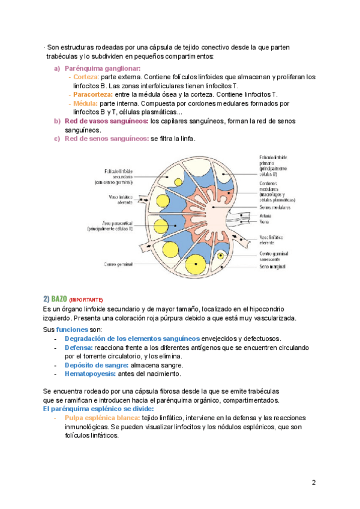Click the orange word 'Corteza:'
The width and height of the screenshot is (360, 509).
pos(85,77)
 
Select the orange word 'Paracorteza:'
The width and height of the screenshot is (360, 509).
pos(92,95)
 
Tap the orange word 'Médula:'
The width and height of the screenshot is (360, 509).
pos(85,103)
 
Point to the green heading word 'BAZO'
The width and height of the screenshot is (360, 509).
pos(59,298)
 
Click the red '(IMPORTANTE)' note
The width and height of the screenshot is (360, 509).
pos(86,300)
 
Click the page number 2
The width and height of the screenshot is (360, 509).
pos(314,483)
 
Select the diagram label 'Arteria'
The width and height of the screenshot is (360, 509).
pos(266,214)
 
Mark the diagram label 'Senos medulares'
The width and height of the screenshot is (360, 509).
pos(275,207)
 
